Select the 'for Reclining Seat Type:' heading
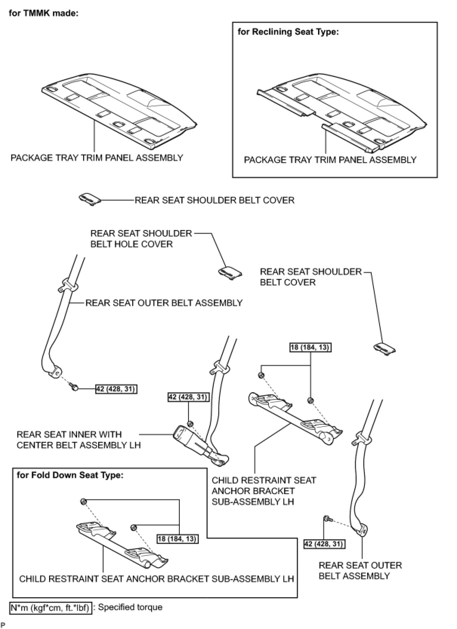(288, 32)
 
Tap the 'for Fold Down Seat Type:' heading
(70, 475)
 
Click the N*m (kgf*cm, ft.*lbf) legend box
(51, 608)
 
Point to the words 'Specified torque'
(130, 607)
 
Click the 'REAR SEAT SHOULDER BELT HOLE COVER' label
(140, 239)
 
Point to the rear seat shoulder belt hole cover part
(230, 273)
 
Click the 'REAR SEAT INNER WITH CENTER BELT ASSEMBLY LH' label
(79, 440)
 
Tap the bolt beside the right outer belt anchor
(327, 519)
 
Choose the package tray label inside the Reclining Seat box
(330, 160)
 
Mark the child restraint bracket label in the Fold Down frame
(156, 579)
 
